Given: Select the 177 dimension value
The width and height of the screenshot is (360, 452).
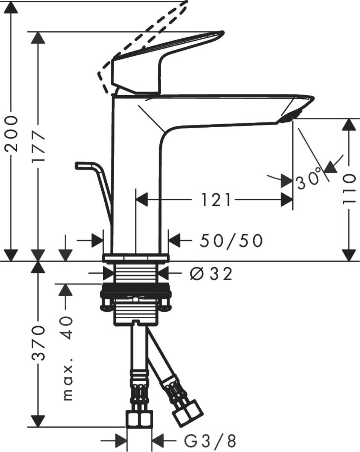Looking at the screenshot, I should pyautogui.click(x=38, y=147).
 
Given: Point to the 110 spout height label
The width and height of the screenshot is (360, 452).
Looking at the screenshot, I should pyautogui.click(x=349, y=188).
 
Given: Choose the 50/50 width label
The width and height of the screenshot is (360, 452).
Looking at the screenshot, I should pyautogui.click(x=230, y=241).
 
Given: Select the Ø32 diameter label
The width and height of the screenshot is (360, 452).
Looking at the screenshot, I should pyautogui.click(x=211, y=275).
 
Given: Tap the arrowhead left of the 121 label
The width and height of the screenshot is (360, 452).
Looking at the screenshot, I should pyautogui.click(x=141, y=200).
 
